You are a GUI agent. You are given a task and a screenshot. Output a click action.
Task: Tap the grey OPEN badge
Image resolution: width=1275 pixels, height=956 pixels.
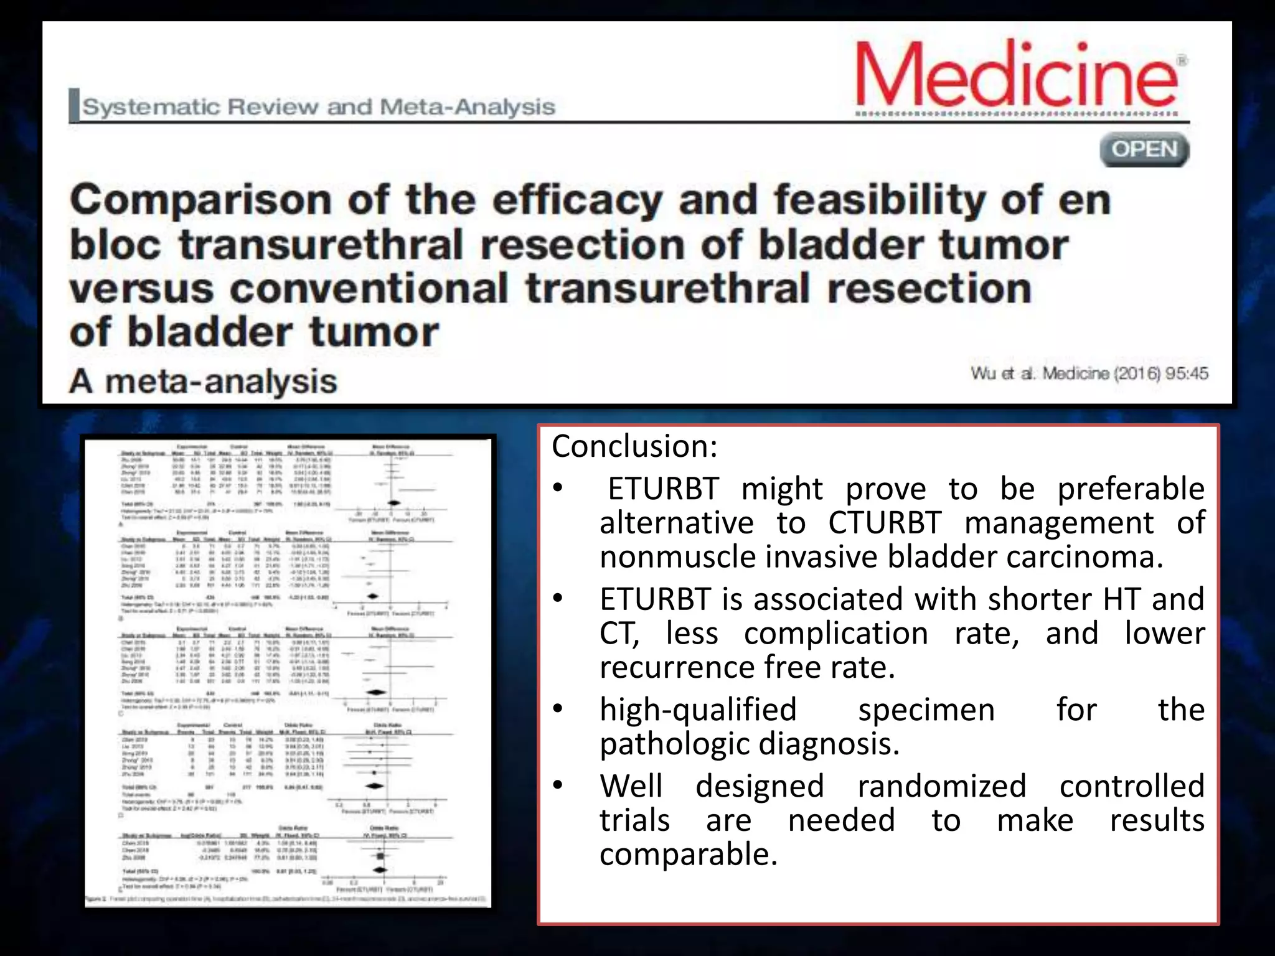pyautogui.click(x=1144, y=149)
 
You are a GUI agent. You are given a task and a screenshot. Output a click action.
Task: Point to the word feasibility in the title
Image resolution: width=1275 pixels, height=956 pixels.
pyautogui.click(x=880, y=200)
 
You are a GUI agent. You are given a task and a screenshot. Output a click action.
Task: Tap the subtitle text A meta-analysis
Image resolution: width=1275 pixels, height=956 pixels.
pyautogui.click(x=204, y=381)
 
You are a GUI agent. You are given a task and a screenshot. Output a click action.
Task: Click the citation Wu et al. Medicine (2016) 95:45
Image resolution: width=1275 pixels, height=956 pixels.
pyautogui.click(x=1089, y=373)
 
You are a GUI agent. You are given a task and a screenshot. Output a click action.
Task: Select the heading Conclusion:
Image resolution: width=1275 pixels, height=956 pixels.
pyautogui.click(x=634, y=446)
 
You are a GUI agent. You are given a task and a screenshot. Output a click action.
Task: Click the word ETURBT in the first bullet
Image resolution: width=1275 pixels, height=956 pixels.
pyautogui.click(x=663, y=489)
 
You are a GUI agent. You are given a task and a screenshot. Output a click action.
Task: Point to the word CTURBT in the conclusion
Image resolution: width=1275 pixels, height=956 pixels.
pyautogui.click(x=884, y=523)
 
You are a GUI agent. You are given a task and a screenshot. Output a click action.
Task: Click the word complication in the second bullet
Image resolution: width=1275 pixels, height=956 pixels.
pyautogui.click(x=835, y=634)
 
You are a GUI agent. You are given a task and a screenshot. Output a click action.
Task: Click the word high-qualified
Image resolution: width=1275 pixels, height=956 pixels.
pyautogui.click(x=698, y=710)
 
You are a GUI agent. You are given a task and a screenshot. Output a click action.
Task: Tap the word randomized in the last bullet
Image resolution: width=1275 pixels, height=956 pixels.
pyautogui.click(x=941, y=786)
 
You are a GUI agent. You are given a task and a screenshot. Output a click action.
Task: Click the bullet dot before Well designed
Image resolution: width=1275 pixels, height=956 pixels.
pyautogui.click(x=558, y=785)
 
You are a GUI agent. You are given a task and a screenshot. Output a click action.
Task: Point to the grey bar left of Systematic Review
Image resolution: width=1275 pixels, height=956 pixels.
pyautogui.click(x=74, y=105)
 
